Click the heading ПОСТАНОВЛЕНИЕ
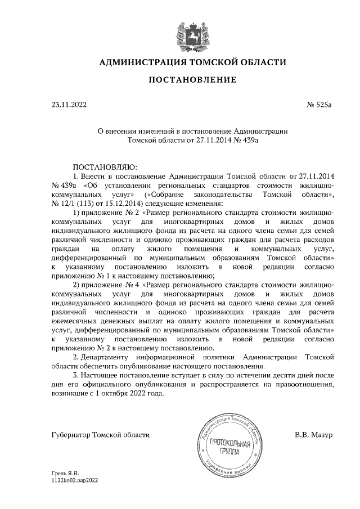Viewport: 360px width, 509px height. point(192,80)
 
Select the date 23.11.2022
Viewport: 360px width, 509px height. point(69,105)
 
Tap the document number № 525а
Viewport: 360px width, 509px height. point(320,105)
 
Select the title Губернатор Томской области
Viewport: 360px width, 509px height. point(100,435)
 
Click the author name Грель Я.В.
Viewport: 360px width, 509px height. point(62,474)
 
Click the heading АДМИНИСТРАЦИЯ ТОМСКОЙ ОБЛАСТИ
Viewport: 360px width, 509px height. point(192,62)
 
